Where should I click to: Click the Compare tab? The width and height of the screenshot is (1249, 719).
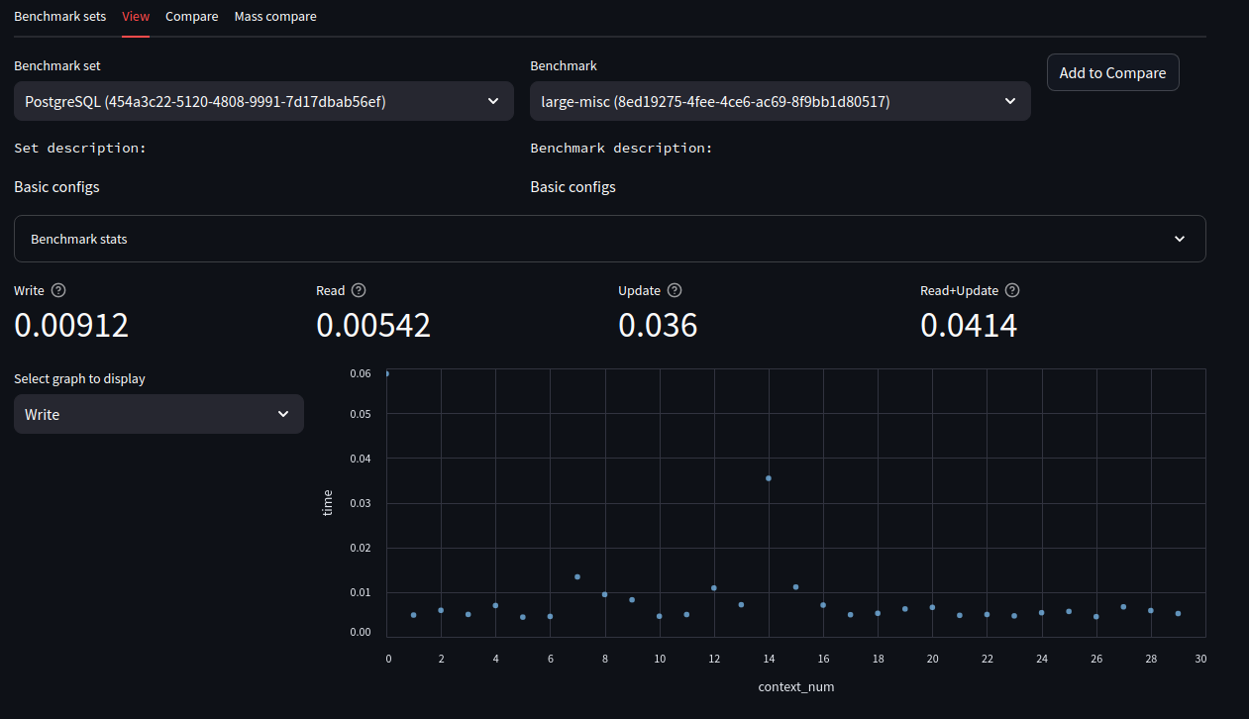(191, 16)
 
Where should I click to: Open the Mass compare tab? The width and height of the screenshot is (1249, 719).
(275, 16)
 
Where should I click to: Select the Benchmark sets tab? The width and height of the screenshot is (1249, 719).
(59, 16)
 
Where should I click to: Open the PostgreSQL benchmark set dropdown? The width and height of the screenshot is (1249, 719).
(263, 101)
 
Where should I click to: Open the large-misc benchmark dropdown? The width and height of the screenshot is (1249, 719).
(780, 101)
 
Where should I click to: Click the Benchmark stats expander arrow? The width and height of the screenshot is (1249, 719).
(1179, 239)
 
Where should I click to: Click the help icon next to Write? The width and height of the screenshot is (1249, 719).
(58, 290)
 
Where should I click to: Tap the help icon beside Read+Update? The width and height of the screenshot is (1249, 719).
(1011, 290)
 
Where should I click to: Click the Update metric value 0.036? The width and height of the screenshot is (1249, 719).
(658, 325)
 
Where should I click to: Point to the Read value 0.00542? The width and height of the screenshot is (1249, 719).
(373, 325)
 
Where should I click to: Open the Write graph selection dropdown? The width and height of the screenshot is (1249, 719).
(158, 414)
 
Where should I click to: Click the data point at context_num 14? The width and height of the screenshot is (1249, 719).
(769, 478)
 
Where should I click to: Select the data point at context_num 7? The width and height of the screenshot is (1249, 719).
(577, 576)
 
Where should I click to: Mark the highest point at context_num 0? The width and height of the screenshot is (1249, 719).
(386, 373)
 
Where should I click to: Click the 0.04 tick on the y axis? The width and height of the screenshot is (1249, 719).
(359, 459)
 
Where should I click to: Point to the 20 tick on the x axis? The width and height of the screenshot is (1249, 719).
(932, 659)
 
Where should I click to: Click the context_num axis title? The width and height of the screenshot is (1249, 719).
(795, 686)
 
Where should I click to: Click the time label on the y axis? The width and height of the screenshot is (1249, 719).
(329, 502)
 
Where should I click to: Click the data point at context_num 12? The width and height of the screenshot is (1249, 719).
(714, 588)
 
